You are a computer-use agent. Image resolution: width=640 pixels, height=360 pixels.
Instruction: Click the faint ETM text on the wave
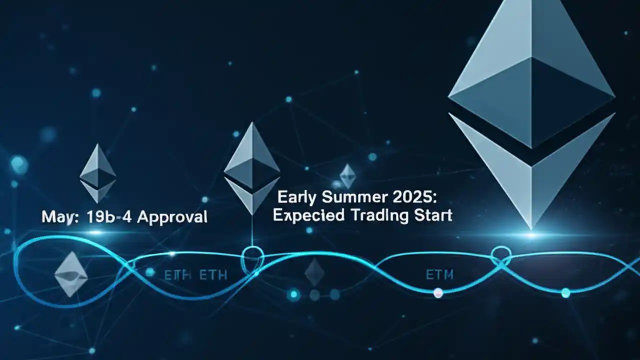point(439,274)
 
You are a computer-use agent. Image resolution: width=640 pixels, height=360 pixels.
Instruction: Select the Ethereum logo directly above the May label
point(97,173)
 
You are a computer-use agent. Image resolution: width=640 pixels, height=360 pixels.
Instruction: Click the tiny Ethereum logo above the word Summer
point(347,176)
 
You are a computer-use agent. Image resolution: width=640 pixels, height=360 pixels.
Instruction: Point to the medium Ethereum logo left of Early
point(251,167)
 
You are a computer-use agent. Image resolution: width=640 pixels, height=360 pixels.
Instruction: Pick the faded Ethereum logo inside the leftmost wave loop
point(71,274)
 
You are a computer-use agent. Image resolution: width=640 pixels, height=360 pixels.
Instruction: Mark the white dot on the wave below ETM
point(438,292)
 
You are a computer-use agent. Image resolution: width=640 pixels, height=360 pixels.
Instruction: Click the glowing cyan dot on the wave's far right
point(565,293)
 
